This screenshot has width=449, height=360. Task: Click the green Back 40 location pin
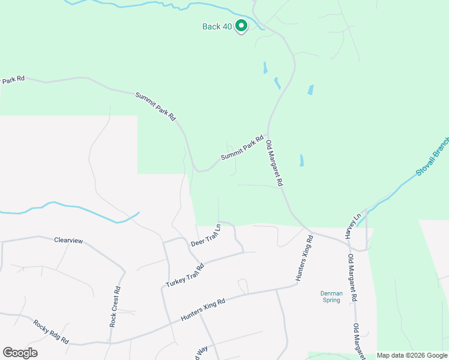click(x=241, y=26)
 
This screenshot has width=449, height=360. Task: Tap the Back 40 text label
click(x=217, y=27)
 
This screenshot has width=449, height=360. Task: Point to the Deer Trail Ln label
click(x=206, y=236)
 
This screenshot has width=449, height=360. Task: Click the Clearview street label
click(x=68, y=240)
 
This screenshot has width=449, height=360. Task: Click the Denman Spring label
click(x=331, y=296)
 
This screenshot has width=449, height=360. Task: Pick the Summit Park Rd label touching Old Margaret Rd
click(x=243, y=148)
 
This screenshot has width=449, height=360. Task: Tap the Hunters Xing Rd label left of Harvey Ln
click(x=304, y=259)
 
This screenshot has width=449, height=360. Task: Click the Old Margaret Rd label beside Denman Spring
click(x=352, y=278)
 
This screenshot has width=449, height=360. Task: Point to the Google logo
click(x=20, y=353)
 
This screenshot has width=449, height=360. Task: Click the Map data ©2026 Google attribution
click(x=412, y=355)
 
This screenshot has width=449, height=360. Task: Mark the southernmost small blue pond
click(x=301, y=160)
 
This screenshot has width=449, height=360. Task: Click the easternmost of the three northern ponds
click(x=310, y=90)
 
